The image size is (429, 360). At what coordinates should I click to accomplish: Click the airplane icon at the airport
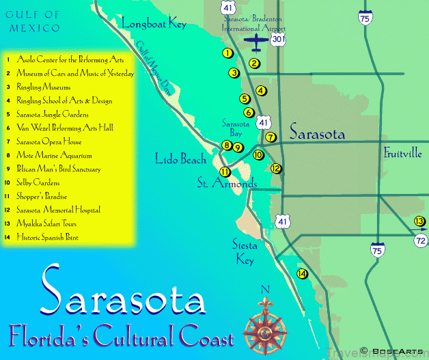(257, 44)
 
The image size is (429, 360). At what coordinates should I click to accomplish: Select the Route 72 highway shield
(421, 240)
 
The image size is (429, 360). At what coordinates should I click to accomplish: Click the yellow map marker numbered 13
(419, 221)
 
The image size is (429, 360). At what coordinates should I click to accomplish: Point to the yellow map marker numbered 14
(302, 274)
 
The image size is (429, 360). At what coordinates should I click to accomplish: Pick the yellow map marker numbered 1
(227, 53)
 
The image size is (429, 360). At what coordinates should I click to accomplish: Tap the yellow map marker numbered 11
(225, 171)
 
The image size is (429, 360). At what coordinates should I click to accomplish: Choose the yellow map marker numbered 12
(276, 168)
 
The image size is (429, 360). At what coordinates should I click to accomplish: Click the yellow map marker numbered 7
(271, 137)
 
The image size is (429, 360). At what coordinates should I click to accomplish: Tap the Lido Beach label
(180, 160)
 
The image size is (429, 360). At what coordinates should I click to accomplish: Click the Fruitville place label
(402, 152)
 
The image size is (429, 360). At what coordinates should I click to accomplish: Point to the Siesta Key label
(243, 253)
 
